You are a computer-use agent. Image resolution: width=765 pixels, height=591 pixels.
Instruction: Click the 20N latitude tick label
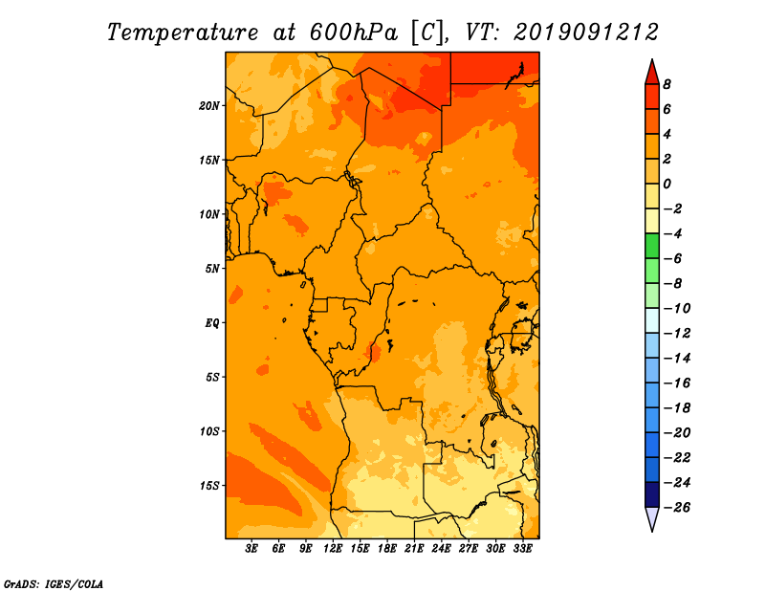click(x=208, y=105)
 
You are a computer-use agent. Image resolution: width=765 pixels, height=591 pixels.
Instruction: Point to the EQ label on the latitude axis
click(x=212, y=322)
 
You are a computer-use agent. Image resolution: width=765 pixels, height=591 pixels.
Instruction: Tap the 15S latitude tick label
click(x=209, y=486)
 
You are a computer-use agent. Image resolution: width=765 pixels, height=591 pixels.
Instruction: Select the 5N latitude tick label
click(x=212, y=269)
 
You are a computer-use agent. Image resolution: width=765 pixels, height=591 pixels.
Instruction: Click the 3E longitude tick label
click(x=251, y=549)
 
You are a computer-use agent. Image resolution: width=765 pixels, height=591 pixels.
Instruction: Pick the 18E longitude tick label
click(x=387, y=549)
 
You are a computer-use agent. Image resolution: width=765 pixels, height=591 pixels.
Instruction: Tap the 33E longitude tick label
click(x=522, y=549)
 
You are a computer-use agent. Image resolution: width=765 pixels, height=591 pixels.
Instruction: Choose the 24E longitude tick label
click(x=441, y=549)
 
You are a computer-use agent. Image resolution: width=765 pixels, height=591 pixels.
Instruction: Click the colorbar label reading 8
click(x=667, y=84)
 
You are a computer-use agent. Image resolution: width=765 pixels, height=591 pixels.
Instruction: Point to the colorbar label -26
click(x=677, y=508)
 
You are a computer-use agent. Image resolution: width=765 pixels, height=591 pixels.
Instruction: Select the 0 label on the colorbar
click(x=667, y=184)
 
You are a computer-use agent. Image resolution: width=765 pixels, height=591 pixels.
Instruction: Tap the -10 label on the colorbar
click(x=677, y=309)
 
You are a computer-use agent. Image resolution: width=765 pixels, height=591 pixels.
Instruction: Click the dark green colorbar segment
click(x=652, y=246)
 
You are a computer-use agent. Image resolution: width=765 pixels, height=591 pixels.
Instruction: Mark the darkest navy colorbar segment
click(x=652, y=494)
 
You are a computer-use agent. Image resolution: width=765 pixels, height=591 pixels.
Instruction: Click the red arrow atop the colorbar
click(x=652, y=73)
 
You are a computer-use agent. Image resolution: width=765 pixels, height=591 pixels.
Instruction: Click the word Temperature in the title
click(x=183, y=33)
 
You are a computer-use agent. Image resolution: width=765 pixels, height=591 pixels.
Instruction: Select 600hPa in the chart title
click(x=354, y=33)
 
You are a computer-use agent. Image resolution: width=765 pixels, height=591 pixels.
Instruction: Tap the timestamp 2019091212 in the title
click(x=586, y=33)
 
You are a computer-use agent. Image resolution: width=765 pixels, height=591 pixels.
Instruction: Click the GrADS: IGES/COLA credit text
click(x=54, y=584)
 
